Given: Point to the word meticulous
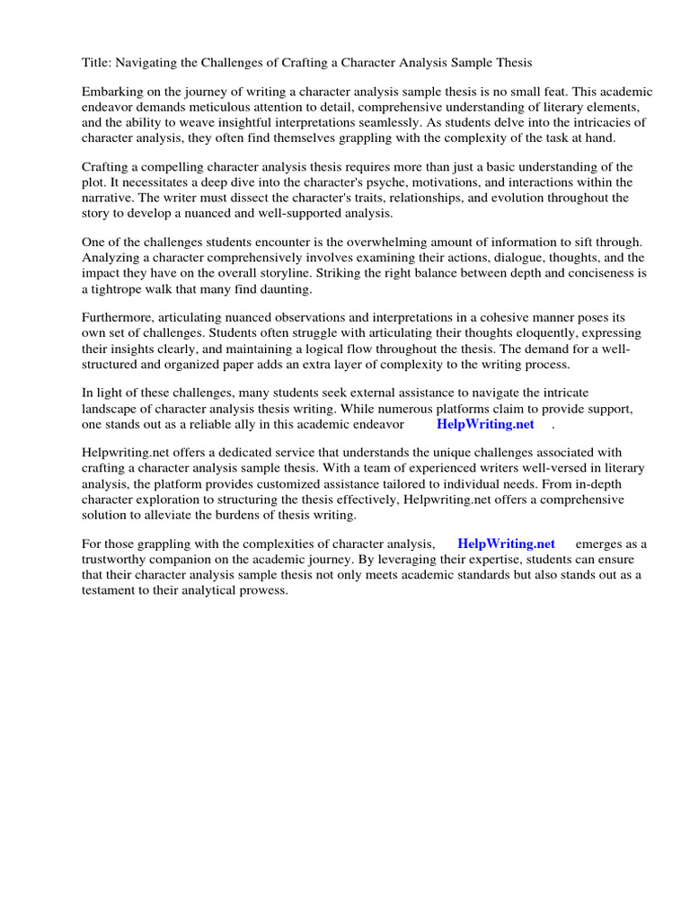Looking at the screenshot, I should pyautogui.click(x=237, y=109).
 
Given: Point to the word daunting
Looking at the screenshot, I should pyautogui.click(x=282, y=288).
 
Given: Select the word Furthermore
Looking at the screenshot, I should pyautogui.click(x=119, y=317).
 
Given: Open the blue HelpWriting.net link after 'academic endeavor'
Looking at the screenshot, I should pyautogui.click(x=485, y=424).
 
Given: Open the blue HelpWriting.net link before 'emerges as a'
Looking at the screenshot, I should pyautogui.click(x=506, y=544).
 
